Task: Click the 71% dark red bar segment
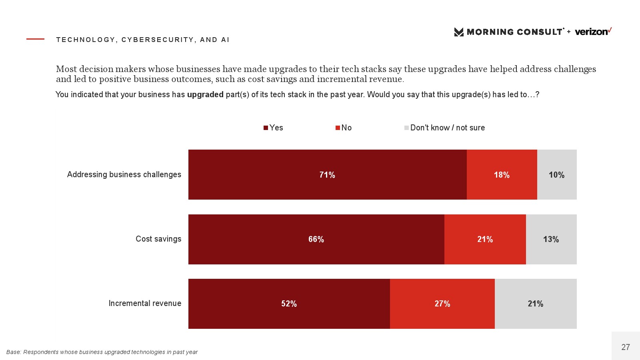327,175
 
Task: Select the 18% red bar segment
502,175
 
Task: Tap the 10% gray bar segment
556,175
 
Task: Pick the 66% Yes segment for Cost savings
316,239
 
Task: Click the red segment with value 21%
485,239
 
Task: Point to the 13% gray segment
551,239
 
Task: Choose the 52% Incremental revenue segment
289,304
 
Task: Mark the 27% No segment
442,304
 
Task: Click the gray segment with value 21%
535,304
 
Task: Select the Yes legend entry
273,128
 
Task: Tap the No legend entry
344,128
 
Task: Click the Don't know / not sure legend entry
444,128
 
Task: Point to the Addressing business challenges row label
124,174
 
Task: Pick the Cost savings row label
158,239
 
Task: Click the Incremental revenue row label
145,303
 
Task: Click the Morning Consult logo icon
459,32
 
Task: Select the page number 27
626,347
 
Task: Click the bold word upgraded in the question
205,94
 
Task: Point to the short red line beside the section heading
35,39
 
